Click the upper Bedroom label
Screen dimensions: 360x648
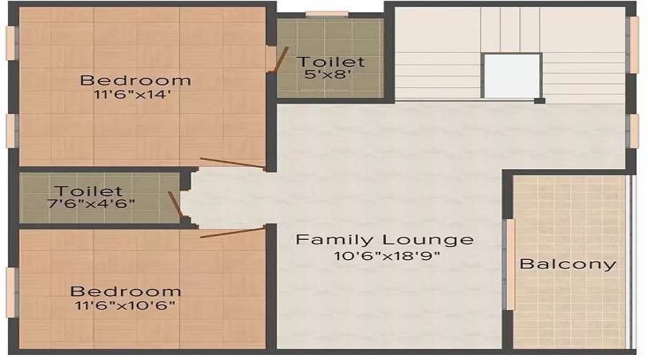pyautogui.click(x=135, y=80)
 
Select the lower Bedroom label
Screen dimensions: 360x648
pyautogui.click(x=125, y=292)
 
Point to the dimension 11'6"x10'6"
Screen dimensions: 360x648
pyautogui.click(x=125, y=305)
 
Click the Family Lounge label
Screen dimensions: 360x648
pyautogui.click(x=384, y=240)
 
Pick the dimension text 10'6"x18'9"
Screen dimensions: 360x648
pyautogui.click(x=384, y=256)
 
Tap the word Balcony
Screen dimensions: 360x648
pyautogui.click(x=568, y=264)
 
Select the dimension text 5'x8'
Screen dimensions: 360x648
pyautogui.click(x=330, y=75)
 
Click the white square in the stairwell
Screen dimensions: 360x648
pyautogui.click(x=512, y=76)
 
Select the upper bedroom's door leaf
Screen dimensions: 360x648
pyautogui.click(x=232, y=163)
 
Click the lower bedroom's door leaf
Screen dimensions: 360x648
pyautogui.click(x=232, y=232)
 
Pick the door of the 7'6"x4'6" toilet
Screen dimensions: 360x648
pyautogui.click(x=175, y=204)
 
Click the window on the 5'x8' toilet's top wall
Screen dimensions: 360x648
pyautogui.click(x=327, y=14)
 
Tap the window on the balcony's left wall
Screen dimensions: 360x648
pyautogui.click(x=509, y=264)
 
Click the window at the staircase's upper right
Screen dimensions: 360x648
pyautogui.click(x=634, y=45)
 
